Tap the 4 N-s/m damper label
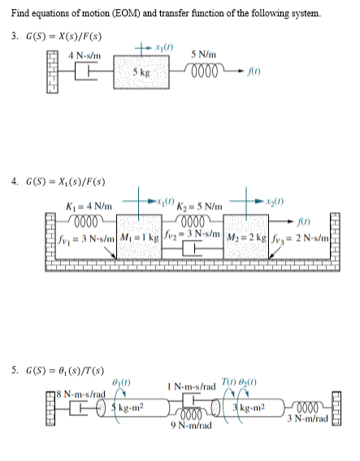[x=83, y=54]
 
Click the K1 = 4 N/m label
[x=87, y=209]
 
